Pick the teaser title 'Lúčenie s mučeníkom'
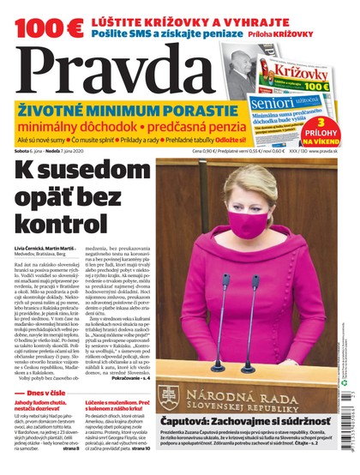tap(112, 425)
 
